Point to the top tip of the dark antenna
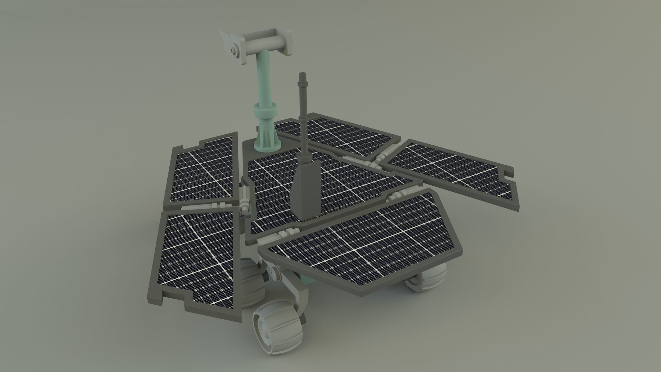coord(303,75)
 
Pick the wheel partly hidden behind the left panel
coord(250,282)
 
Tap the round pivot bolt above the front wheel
coord(274,273)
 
